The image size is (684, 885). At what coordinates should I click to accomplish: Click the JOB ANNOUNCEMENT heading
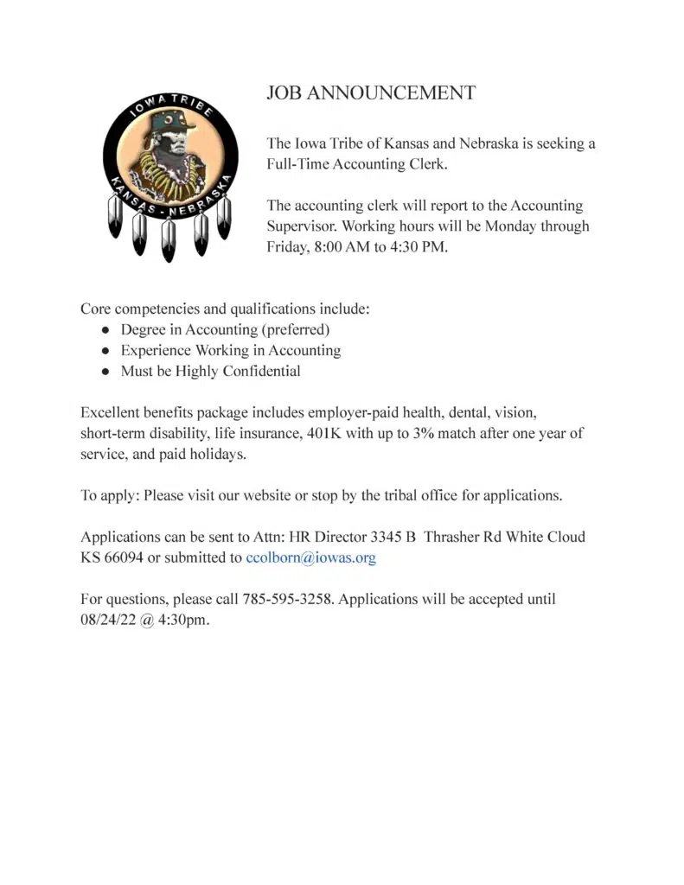(371, 93)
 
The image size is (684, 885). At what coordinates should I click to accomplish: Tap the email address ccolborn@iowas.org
(310, 557)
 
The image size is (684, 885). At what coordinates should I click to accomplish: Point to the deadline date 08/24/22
(107, 619)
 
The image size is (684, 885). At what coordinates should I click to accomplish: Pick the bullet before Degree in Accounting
(105, 330)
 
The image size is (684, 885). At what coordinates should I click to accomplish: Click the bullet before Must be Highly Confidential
(105, 372)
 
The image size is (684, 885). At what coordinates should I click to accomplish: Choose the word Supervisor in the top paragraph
(304, 226)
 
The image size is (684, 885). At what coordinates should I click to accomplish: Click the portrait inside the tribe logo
(169, 160)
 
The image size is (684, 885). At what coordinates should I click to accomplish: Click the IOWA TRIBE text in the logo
(165, 110)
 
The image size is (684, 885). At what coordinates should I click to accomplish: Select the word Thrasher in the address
(451, 537)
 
